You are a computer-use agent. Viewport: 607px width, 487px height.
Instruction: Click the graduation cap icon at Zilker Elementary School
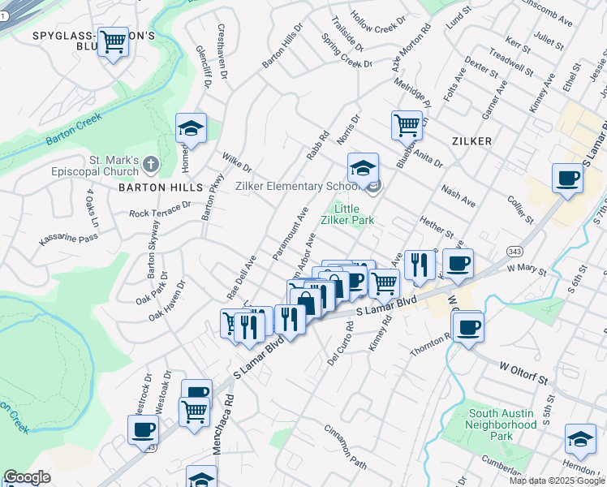pos(364,169)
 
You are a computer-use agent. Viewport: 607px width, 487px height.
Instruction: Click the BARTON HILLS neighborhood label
pos(160,187)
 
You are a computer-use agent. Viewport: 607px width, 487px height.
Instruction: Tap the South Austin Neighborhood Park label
pos(502,425)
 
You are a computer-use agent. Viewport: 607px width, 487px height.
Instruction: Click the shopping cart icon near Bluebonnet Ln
pos(407,125)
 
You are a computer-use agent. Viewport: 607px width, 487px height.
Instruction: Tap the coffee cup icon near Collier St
pos(567,178)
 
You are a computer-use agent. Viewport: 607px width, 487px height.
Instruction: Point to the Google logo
pos(28,477)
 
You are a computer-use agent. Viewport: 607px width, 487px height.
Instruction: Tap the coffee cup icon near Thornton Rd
pos(468,327)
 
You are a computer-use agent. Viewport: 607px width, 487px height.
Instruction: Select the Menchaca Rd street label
pos(223,422)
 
